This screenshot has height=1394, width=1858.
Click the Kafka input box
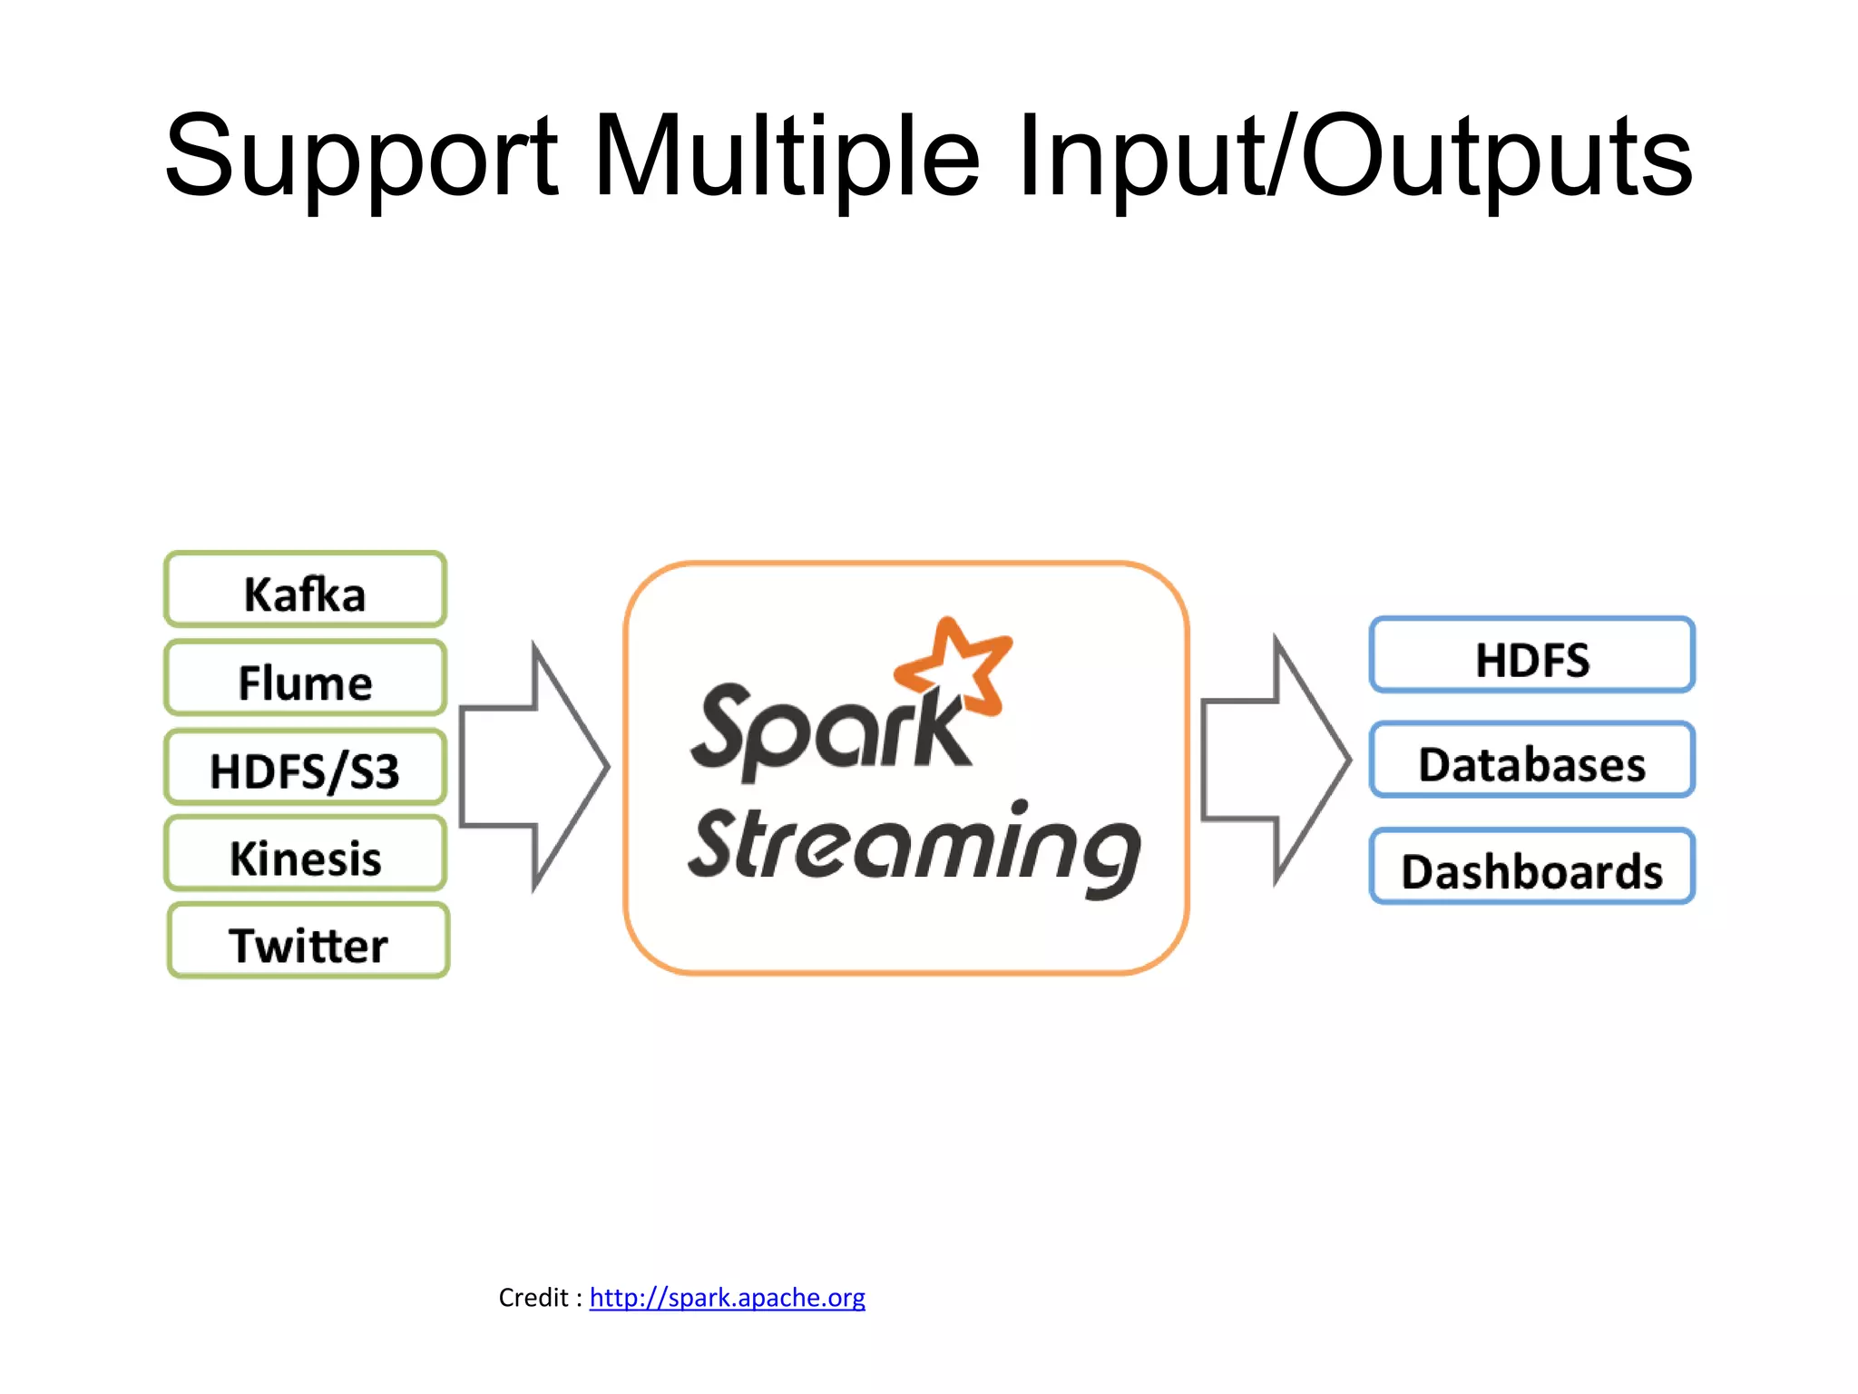tap(305, 591)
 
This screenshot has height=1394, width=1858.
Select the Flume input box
tap(305, 680)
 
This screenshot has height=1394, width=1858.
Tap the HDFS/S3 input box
tap(305, 769)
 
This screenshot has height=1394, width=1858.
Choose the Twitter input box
tap(308, 943)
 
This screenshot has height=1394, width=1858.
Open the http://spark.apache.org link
tap(727, 1298)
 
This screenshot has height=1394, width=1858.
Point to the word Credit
tap(533, 1298)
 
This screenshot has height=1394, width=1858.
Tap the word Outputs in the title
tap(1497, 159)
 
